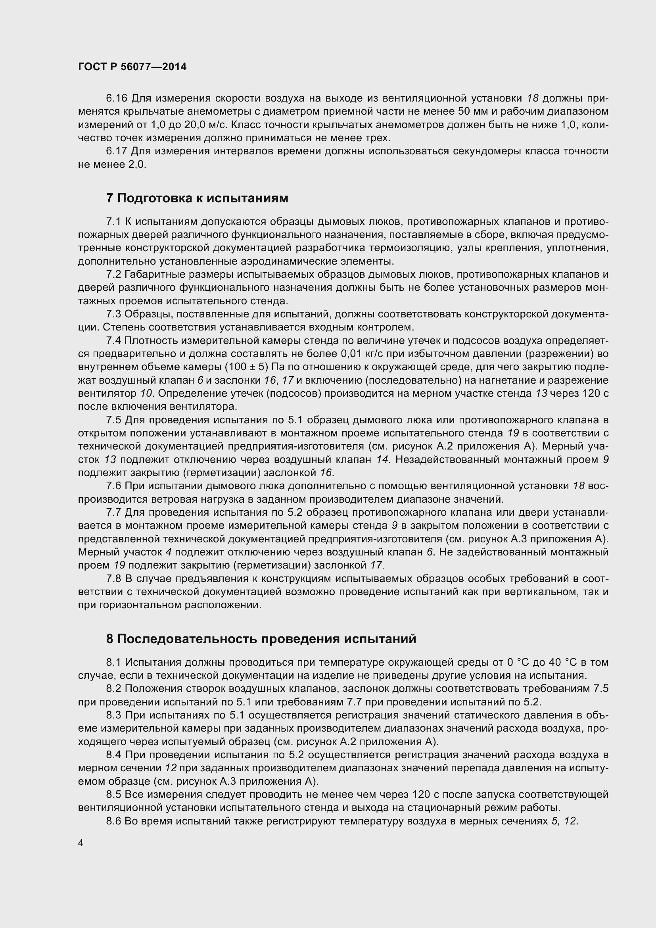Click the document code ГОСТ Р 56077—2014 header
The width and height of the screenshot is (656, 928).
pyautogui.click(x=132, y=67)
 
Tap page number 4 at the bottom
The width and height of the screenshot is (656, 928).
pyautogui.click(x=81, y=843)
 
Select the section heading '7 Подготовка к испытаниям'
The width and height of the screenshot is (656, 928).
pyautogui.click(x=197, y=198)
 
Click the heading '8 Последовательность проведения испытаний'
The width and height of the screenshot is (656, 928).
pyautogui.click(x=261, y=639)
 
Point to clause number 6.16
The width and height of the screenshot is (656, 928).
pyautogui.click(x=116, y=98)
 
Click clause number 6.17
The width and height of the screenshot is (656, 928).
pyautogui.click(x=116, y=151)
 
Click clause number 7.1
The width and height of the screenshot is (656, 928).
pyautogui.click(x=113, y=221)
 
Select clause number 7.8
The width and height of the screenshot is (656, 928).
pyautogui.click(x=113, y=579)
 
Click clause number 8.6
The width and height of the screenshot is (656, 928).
pyautogui.click(x=113, y=821)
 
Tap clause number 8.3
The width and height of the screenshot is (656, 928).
pyautogui.click(x=113, y=715)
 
